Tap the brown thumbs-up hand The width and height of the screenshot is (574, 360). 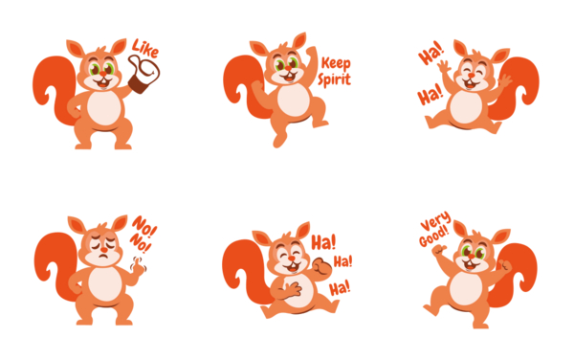pyautogui.click(x=146, y=75)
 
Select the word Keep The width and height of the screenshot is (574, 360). pyautogui.click(x=336, y=64)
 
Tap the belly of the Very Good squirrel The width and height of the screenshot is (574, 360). pyautogui.click(x=467, y=286)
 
